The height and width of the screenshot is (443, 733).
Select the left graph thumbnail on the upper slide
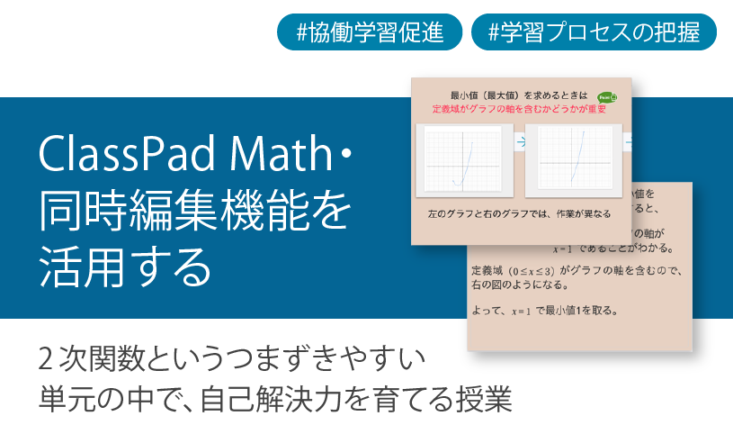pyautogui.click(x=465, y=159)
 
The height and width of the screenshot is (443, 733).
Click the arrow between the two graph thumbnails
pyautogui.click(x=520, y=141)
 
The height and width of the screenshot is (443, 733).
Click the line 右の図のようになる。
pyautogui.click(x=518, y=285)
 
